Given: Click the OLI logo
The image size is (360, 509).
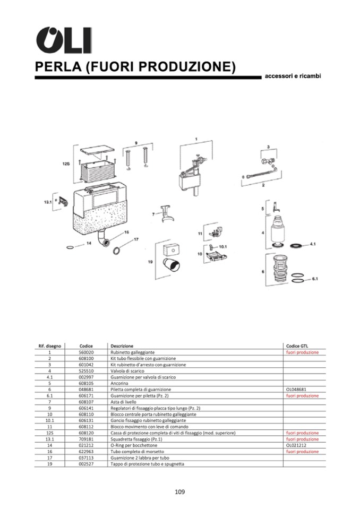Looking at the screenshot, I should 63,40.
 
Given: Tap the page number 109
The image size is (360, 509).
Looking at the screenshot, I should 179,491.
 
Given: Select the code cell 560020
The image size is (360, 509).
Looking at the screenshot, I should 86,352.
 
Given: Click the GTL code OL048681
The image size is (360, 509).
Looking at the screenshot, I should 296,389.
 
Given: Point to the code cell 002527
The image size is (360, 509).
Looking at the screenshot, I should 86,464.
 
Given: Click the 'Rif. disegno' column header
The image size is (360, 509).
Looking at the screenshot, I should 49,346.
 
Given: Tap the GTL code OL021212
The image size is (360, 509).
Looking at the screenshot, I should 296,445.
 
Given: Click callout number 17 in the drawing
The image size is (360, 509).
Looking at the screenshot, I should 136,239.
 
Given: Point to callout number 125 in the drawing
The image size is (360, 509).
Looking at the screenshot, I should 66,165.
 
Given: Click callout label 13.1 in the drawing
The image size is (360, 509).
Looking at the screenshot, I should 47,202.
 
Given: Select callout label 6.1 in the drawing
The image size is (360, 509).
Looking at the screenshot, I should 314,279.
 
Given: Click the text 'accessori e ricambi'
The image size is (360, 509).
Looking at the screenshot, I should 293,76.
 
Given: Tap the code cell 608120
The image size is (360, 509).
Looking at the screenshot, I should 86,433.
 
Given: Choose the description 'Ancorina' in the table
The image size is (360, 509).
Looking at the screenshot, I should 119,383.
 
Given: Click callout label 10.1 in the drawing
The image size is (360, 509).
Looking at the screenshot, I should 223,247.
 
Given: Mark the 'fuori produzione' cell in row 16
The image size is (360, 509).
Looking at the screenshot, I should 302,452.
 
